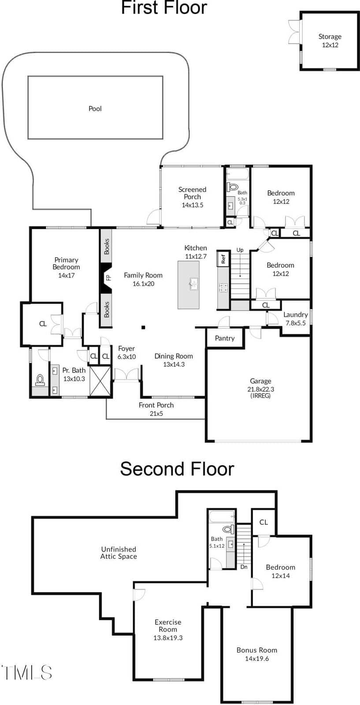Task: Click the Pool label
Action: [95, 108]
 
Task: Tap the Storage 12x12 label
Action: [330, 41]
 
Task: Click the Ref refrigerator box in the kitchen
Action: [223, 259]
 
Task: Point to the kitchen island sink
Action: [193, 284]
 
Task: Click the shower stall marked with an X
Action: [100, 381]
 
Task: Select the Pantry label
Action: [225, 338]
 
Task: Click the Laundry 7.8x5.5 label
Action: [296, 319]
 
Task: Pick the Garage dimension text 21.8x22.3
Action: [260, 390]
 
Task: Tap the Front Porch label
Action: [156, 405]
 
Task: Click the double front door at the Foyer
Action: [126, 375]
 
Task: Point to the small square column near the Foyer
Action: [143, 328]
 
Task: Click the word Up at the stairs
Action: [240, 250]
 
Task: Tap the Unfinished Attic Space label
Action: [119, 553]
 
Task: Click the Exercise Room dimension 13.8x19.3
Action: [168, 638]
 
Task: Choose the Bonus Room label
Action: [257, 650]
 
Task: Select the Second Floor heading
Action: [177, 469]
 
